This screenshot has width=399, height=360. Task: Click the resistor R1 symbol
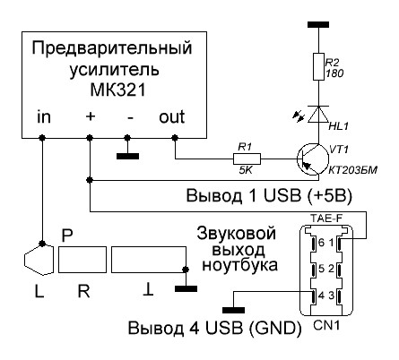(247, 159)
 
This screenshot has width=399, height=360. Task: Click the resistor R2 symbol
(318, 67)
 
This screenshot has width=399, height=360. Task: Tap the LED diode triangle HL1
(318, 114)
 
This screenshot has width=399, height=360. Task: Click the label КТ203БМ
(353, 170)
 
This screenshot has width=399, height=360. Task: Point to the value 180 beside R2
(334, 73)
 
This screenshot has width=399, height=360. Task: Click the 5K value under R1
(246, 170)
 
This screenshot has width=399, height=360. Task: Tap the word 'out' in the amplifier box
(171, 117)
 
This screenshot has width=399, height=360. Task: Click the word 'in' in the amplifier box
(44, 117)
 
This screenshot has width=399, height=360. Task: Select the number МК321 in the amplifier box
(117, 90)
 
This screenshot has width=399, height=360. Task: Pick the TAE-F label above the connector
(326, 219)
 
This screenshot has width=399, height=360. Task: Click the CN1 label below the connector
(326, 325)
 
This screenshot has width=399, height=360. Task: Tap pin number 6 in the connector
(321, 243)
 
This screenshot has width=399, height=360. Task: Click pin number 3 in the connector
(331, 296)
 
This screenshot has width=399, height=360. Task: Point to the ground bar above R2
(318, 24)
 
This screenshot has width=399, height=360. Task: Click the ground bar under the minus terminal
(127, 156)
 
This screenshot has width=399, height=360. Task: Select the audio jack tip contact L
(39, 259)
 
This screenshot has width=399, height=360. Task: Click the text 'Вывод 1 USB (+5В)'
(269, 196)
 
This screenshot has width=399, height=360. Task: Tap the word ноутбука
(239, 265)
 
